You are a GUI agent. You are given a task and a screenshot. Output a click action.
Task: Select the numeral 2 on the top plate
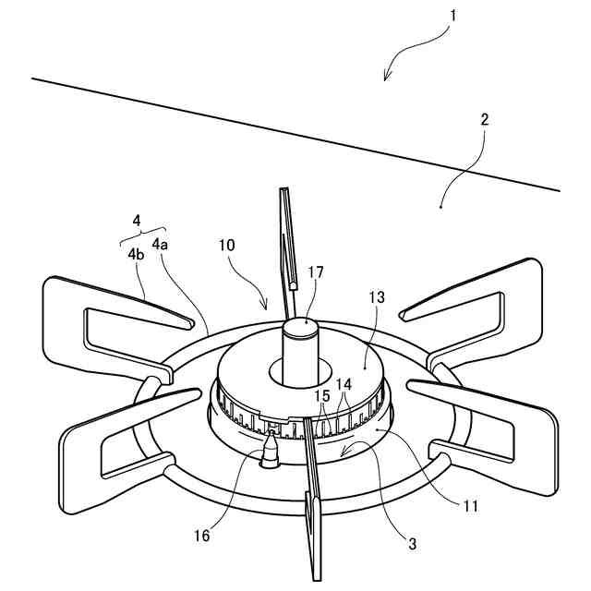click(485, 119)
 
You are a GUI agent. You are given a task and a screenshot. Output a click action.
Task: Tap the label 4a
click(161, 245)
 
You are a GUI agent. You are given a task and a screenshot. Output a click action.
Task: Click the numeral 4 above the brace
click(137, 221)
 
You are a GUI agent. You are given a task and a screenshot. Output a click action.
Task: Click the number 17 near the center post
click(317, 272)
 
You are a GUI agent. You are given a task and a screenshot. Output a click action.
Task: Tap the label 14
click(344, 382)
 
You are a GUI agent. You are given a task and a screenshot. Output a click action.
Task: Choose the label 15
click(322, 394)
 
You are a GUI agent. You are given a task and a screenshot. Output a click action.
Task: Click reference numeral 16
click(201, 535)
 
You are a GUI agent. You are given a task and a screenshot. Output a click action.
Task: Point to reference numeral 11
click(472, 505)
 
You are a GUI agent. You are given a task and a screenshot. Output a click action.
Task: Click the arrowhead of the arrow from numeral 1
click(386, 79)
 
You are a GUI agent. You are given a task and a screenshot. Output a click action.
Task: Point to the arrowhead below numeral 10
click(266, 308)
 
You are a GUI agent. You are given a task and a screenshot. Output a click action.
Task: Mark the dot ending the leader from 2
click(441, 208)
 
